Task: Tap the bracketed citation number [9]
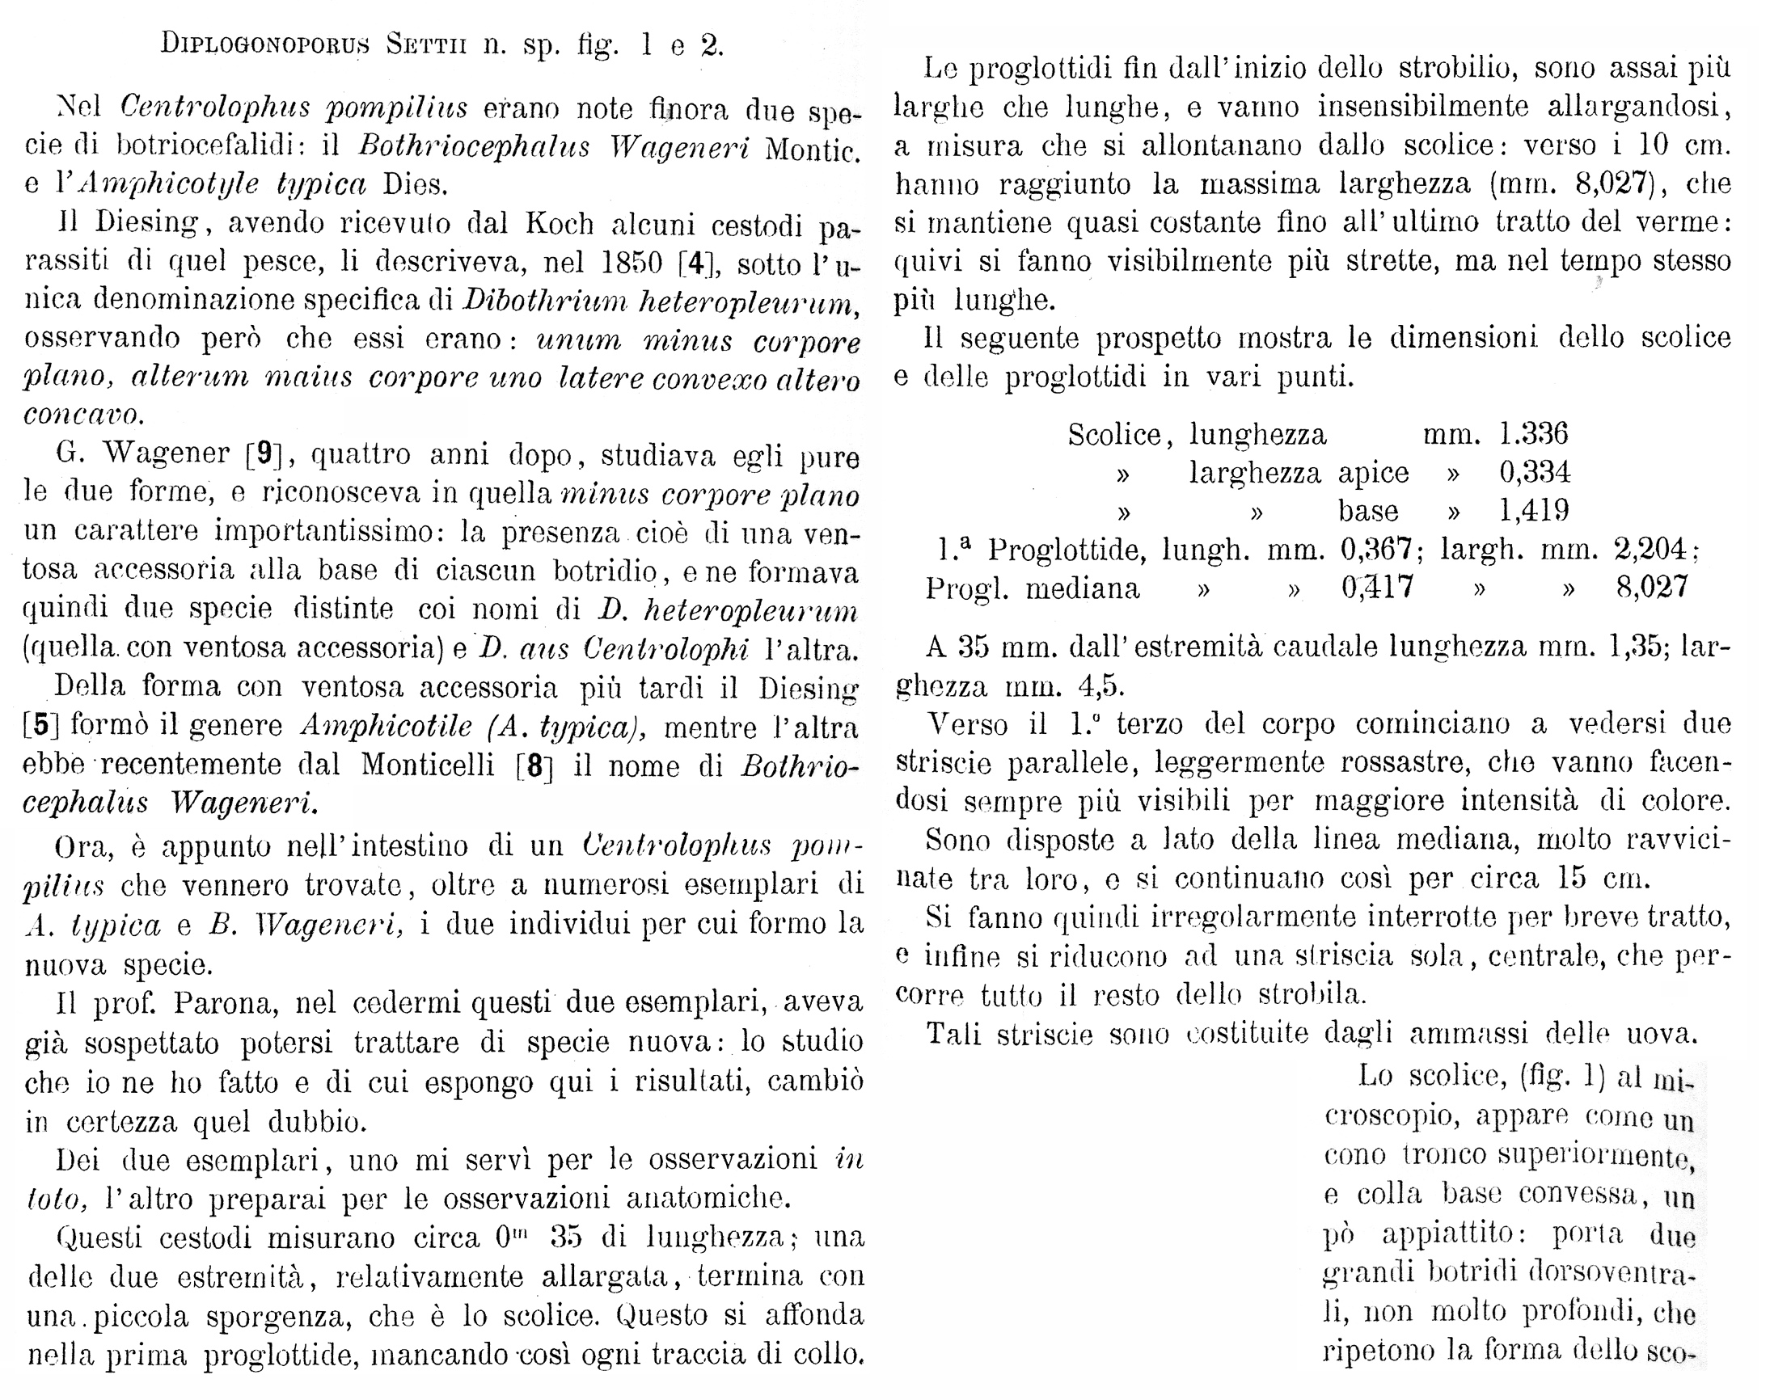click(264, 453)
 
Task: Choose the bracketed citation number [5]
click(39, 724)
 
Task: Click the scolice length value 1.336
click(1533, 433)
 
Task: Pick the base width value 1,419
click(1533, 511)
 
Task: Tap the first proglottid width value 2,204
click(1652, 549)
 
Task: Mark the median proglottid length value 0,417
click(1377, 588)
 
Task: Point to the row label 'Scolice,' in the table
click(1114, 435)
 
